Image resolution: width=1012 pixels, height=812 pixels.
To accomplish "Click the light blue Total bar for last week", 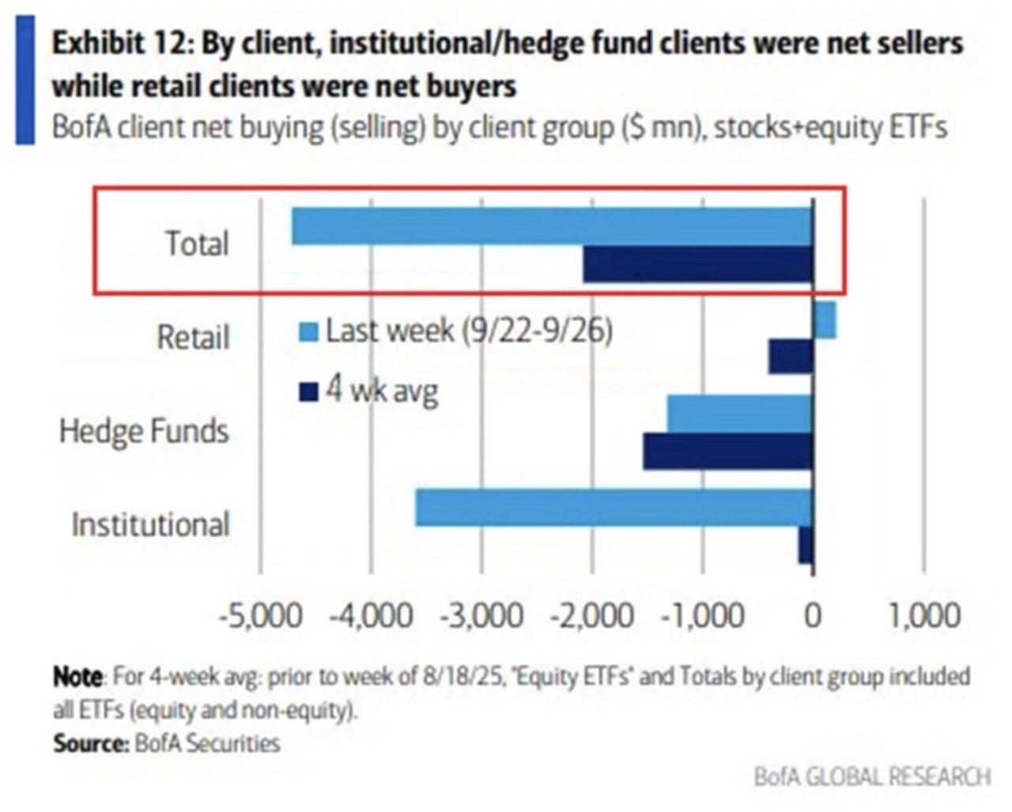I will point(552,227).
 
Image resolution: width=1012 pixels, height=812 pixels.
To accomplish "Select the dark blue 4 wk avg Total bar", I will point(698,264).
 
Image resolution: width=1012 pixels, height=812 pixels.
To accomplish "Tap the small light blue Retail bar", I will point(825,321).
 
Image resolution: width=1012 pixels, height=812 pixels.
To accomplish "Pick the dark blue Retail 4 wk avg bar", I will point(791,356).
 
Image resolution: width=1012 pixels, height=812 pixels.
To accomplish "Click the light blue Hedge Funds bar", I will point(740,414).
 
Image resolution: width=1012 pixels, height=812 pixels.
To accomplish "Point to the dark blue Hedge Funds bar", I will point(727,451).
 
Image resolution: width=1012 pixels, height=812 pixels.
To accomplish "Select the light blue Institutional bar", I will point(614,507).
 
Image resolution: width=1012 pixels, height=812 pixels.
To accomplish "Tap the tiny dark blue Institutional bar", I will point(806,545).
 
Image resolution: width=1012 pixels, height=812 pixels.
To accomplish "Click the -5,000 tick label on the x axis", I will point(260,615).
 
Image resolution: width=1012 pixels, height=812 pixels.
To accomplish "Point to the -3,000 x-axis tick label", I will point(481,615).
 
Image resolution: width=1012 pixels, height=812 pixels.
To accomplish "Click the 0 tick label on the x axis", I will point(813,615).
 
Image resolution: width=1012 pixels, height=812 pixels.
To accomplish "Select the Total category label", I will point(197,243).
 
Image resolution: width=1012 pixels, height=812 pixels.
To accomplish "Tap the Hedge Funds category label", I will point(144,431).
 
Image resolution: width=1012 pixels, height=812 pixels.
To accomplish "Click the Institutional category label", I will point(150,524).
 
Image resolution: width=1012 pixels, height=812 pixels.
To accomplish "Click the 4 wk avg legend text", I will point(382,390).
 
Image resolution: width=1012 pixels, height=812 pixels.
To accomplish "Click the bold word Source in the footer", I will point(89,743).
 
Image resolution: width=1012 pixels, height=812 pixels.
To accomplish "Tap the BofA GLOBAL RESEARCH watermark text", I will point(872,776).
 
